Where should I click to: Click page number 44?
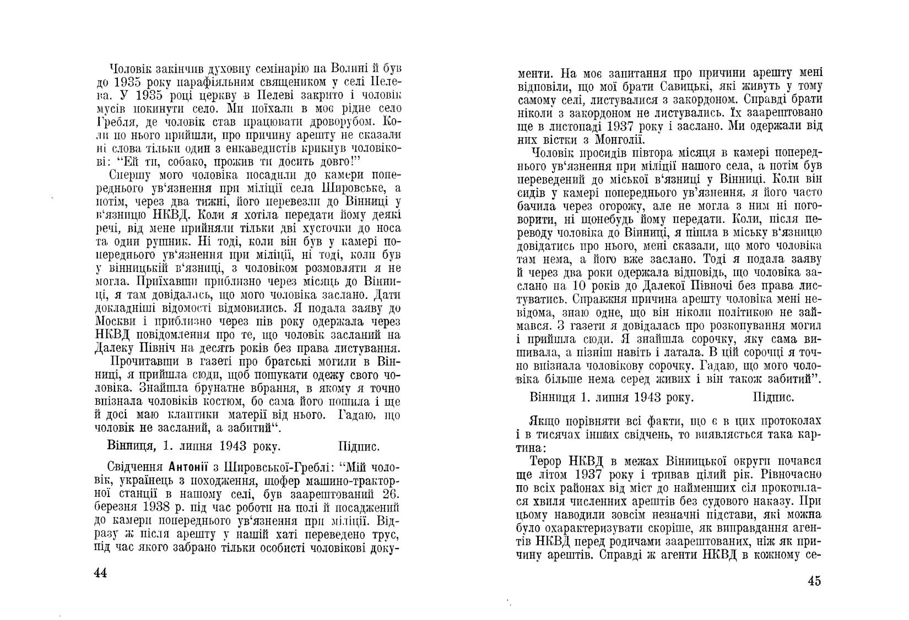(x=100, y=573)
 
